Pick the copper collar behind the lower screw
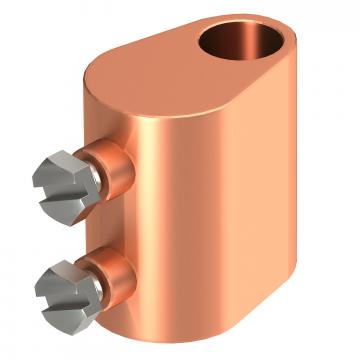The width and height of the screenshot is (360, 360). [115, 271]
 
